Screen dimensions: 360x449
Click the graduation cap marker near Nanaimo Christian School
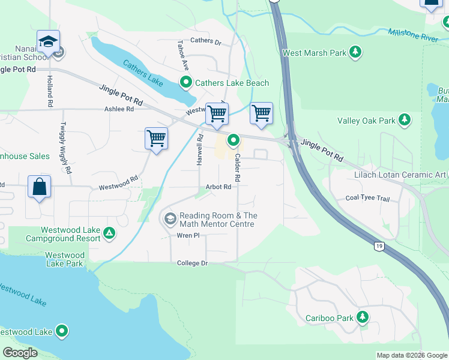coord(48,41)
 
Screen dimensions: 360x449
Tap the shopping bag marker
coord(39,186)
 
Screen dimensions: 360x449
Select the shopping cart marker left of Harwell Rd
coord(156,138)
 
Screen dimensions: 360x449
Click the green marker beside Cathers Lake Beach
coord(186,83)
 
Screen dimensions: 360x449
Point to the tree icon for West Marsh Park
coord(356,53)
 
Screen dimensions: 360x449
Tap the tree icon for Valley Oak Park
coord(405,121)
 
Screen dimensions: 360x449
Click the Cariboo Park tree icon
coord(363,317)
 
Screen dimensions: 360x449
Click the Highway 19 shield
coord(379,246)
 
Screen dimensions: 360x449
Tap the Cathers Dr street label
coord(206,42)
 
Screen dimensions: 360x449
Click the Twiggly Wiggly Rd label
coord(64,148)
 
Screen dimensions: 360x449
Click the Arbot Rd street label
coord(218,187)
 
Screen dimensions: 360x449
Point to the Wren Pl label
coord(188,236)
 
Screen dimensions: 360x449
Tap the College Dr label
coord(192,263)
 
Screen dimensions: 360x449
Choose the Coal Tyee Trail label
coord(368,198)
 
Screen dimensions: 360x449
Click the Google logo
coord(20,353)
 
